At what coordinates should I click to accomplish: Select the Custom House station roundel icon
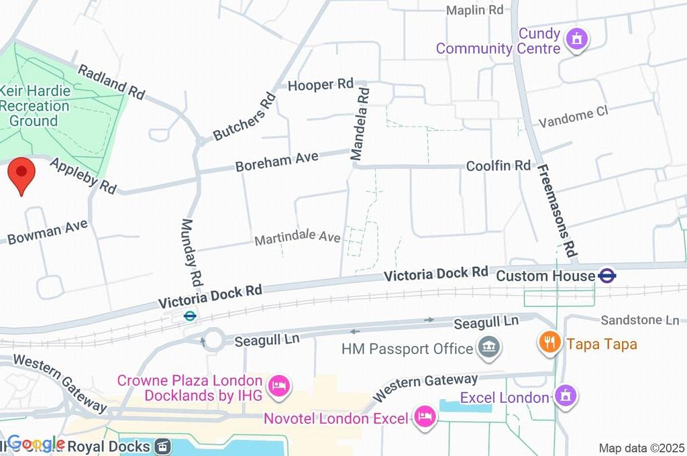pos(608,276)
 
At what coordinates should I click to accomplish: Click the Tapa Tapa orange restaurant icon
pos(549,343)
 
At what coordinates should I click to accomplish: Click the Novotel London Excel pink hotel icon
pos(424,418)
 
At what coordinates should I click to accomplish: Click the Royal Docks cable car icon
pos(162,446)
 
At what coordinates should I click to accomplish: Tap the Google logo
pos(35,443)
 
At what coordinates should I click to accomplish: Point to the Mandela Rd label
pos(361,121)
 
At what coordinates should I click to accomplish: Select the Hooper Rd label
pos(320,84)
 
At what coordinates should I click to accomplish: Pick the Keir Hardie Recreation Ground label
pos(35,105)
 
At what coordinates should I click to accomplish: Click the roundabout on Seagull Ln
pos(213,339)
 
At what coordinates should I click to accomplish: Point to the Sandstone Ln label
pos(639,320)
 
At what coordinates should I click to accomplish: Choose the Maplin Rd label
pos(475,10)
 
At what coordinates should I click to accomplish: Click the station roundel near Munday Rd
pos(190,315)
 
